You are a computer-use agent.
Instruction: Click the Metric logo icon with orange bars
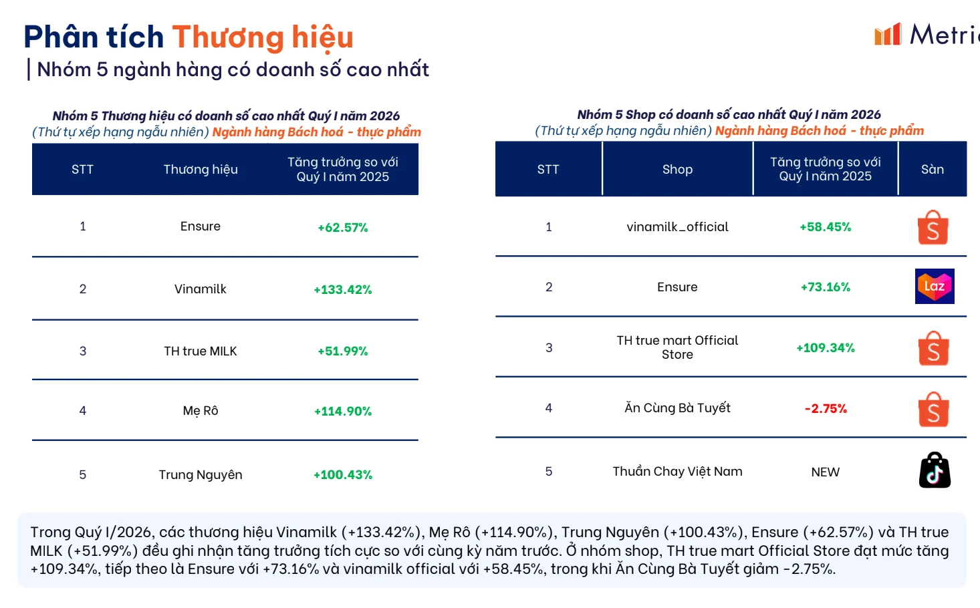888,34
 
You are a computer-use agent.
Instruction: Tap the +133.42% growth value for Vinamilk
343,289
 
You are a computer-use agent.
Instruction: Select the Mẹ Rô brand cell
201,411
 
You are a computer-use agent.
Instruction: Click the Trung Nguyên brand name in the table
201,475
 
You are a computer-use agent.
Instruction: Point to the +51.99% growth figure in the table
343,351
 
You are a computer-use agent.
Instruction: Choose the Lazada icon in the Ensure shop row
934,287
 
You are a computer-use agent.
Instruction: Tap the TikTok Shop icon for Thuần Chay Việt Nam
935,470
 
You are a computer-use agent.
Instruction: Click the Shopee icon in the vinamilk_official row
933,228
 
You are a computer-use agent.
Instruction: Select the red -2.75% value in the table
826,409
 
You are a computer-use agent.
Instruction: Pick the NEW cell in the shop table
825,472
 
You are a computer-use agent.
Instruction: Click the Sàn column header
933,170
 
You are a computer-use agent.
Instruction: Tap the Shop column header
677,170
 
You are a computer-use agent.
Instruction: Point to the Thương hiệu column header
201,170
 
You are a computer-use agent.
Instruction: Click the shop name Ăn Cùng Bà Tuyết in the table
677,408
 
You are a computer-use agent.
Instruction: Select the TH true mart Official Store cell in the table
677,347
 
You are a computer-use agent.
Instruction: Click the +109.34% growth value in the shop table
826,348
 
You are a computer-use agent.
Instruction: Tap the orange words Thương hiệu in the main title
263,37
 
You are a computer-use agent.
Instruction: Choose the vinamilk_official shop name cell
677,227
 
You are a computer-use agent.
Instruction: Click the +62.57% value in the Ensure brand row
343,228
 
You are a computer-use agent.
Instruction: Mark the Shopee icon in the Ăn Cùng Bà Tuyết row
934,410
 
